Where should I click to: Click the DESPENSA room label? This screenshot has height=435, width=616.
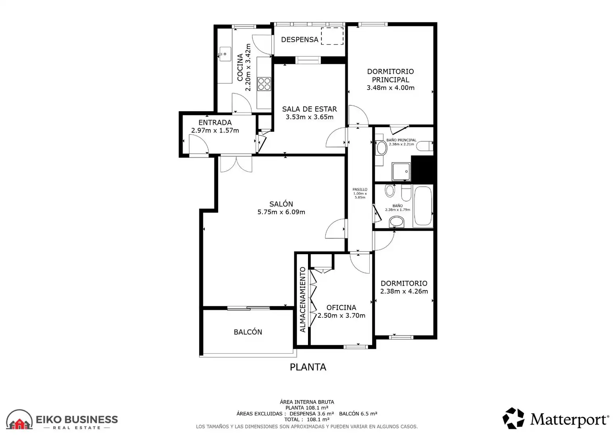[x=300, y=39]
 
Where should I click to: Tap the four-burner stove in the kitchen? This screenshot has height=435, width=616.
[x=264, y=84]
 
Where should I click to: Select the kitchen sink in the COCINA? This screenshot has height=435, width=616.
[x=225, y=54]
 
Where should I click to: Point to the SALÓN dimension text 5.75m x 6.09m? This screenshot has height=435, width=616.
[x=281, y=212]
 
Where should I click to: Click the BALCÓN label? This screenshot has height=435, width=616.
[x=248, y=332]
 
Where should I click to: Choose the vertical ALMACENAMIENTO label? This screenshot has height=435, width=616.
[x=302, y=300]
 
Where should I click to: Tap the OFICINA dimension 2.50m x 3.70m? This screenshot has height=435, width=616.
[x=341, y=315]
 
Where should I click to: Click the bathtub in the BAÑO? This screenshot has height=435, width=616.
[x=423, y=206]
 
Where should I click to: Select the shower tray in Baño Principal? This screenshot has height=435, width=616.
[x=402, y=172]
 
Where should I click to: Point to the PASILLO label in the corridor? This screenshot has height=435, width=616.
[x=360, y=189]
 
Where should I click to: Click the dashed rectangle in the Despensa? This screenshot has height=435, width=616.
[x=332, y=36]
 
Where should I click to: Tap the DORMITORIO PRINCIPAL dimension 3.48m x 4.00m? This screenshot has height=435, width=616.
[x=391, y=88]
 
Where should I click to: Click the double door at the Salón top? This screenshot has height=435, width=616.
[x=236, y=164]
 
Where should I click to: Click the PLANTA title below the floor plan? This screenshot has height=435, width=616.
[x=308, y=367]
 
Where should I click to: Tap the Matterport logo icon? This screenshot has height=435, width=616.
[x=513, y=418]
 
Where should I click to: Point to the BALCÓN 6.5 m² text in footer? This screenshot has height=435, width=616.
[x=358, y=414]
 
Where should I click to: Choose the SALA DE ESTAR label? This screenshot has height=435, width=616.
[x=309, y=109]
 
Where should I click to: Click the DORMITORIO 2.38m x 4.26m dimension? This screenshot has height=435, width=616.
[x=404, y=291]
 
